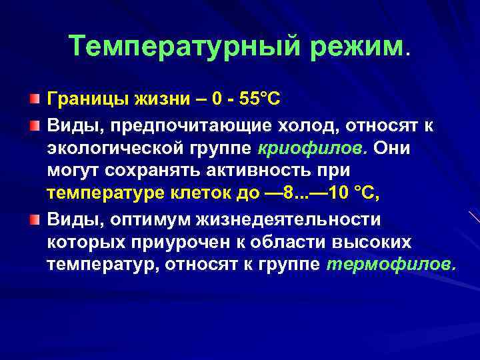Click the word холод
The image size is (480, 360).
292,125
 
